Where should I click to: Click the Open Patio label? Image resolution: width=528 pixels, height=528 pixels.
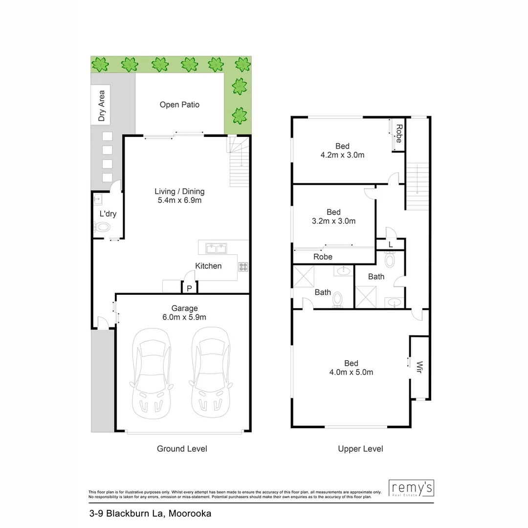tap(179, 105)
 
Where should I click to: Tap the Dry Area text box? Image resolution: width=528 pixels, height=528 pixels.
tap(101, 106)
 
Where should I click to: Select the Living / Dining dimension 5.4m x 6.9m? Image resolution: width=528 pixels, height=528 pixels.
tap(179, 200)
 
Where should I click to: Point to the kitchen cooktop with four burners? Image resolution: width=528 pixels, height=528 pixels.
tap(243, 266)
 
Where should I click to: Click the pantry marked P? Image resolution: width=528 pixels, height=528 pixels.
tap(189, 288)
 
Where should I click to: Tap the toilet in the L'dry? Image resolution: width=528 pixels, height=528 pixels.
tap(103, 227)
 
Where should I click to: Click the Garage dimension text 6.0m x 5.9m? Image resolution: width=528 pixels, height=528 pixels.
tap(184, 317)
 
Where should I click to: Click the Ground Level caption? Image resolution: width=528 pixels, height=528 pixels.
tap(182, 449)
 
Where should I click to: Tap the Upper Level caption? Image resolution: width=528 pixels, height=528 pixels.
tap(360, 449)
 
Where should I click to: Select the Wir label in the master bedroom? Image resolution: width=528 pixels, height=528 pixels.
tap(419, 367)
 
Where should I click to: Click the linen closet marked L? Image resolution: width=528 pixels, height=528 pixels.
tap(390, 244)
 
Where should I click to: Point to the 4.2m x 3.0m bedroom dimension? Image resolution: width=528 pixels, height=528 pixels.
tap(342, 155)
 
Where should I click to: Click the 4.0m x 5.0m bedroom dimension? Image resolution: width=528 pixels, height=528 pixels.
tap(351, 372)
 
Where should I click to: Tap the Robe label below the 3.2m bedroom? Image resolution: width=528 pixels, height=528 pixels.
tap(323, 257)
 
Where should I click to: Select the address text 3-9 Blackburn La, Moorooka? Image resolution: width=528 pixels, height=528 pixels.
tap(150, 513)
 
